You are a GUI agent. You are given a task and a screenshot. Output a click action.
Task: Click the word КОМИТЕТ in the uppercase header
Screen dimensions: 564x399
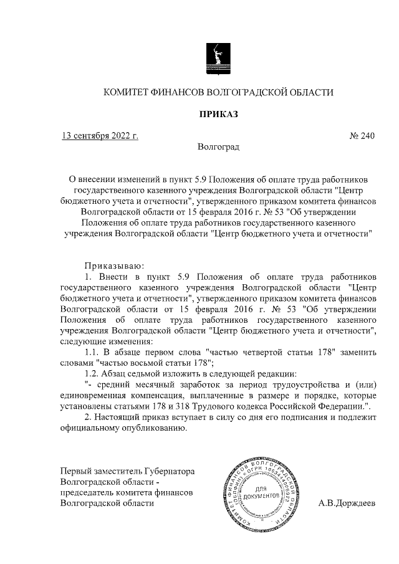[128, 92]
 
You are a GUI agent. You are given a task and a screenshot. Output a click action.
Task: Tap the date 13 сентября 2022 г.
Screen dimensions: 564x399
[99, 136]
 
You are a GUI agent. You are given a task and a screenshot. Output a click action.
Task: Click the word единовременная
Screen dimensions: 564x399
[92, 396]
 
